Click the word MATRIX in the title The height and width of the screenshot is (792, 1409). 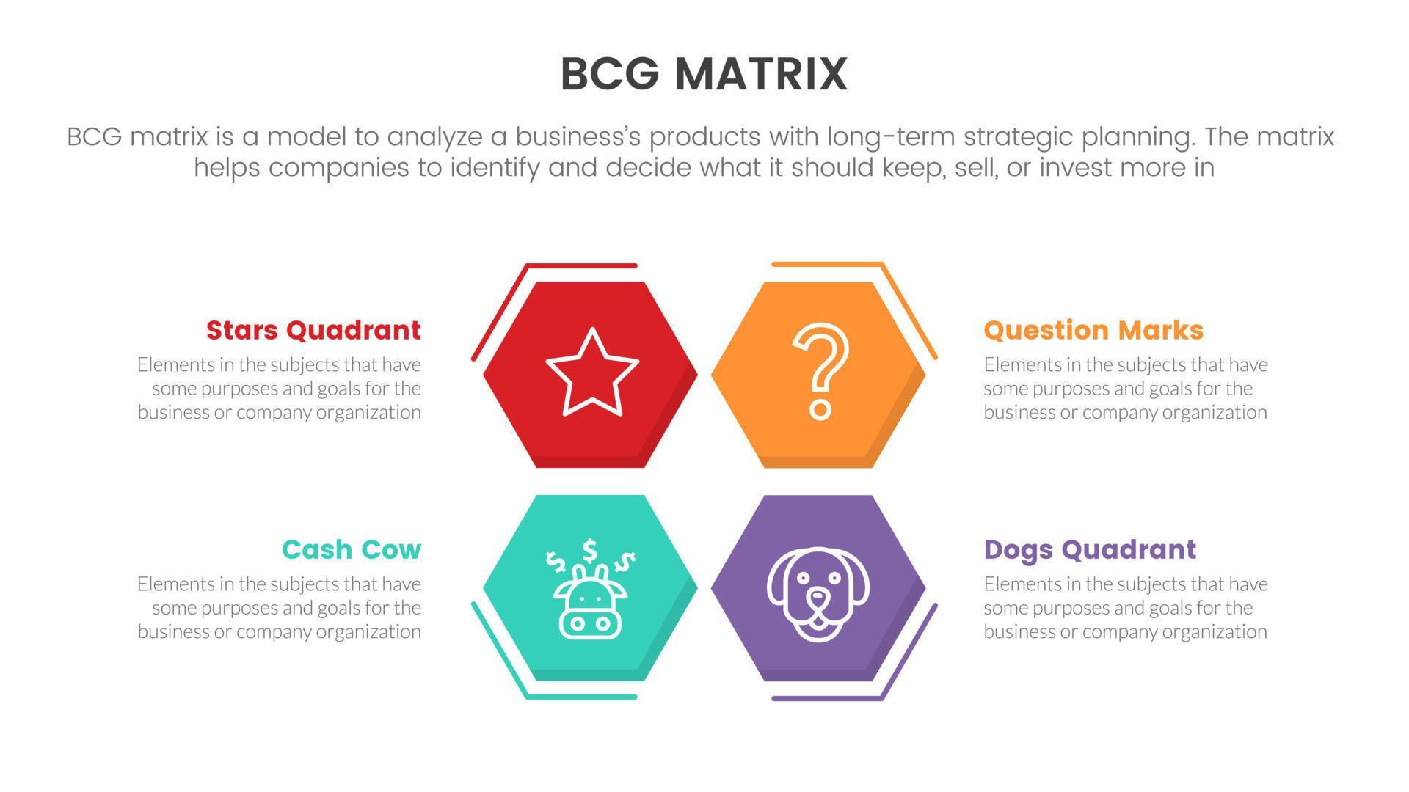[x=760, y=74]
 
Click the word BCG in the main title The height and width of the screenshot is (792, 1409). [x=608, y=74]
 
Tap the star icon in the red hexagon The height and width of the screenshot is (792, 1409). [x=591, y=373]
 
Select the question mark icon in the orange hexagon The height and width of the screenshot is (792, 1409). [x=820, y=370]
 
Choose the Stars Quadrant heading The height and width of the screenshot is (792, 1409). [x=313, y=330]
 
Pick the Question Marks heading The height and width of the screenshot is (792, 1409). [x=1093, y=330]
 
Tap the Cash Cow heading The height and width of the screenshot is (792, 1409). [x=351, y=549]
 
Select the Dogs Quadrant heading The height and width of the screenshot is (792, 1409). [x=1090, y=549]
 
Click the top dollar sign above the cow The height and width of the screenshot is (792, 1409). [x=589, y=549]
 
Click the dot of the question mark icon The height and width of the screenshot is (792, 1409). [x=820, y=408]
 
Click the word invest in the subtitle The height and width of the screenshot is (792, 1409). [x=1076, y=168]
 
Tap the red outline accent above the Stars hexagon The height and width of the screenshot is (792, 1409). [x=580, y=265]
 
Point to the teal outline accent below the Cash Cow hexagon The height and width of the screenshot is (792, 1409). [x=580, y=697]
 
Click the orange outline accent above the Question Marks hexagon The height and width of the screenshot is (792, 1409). [x=826, y=263]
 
